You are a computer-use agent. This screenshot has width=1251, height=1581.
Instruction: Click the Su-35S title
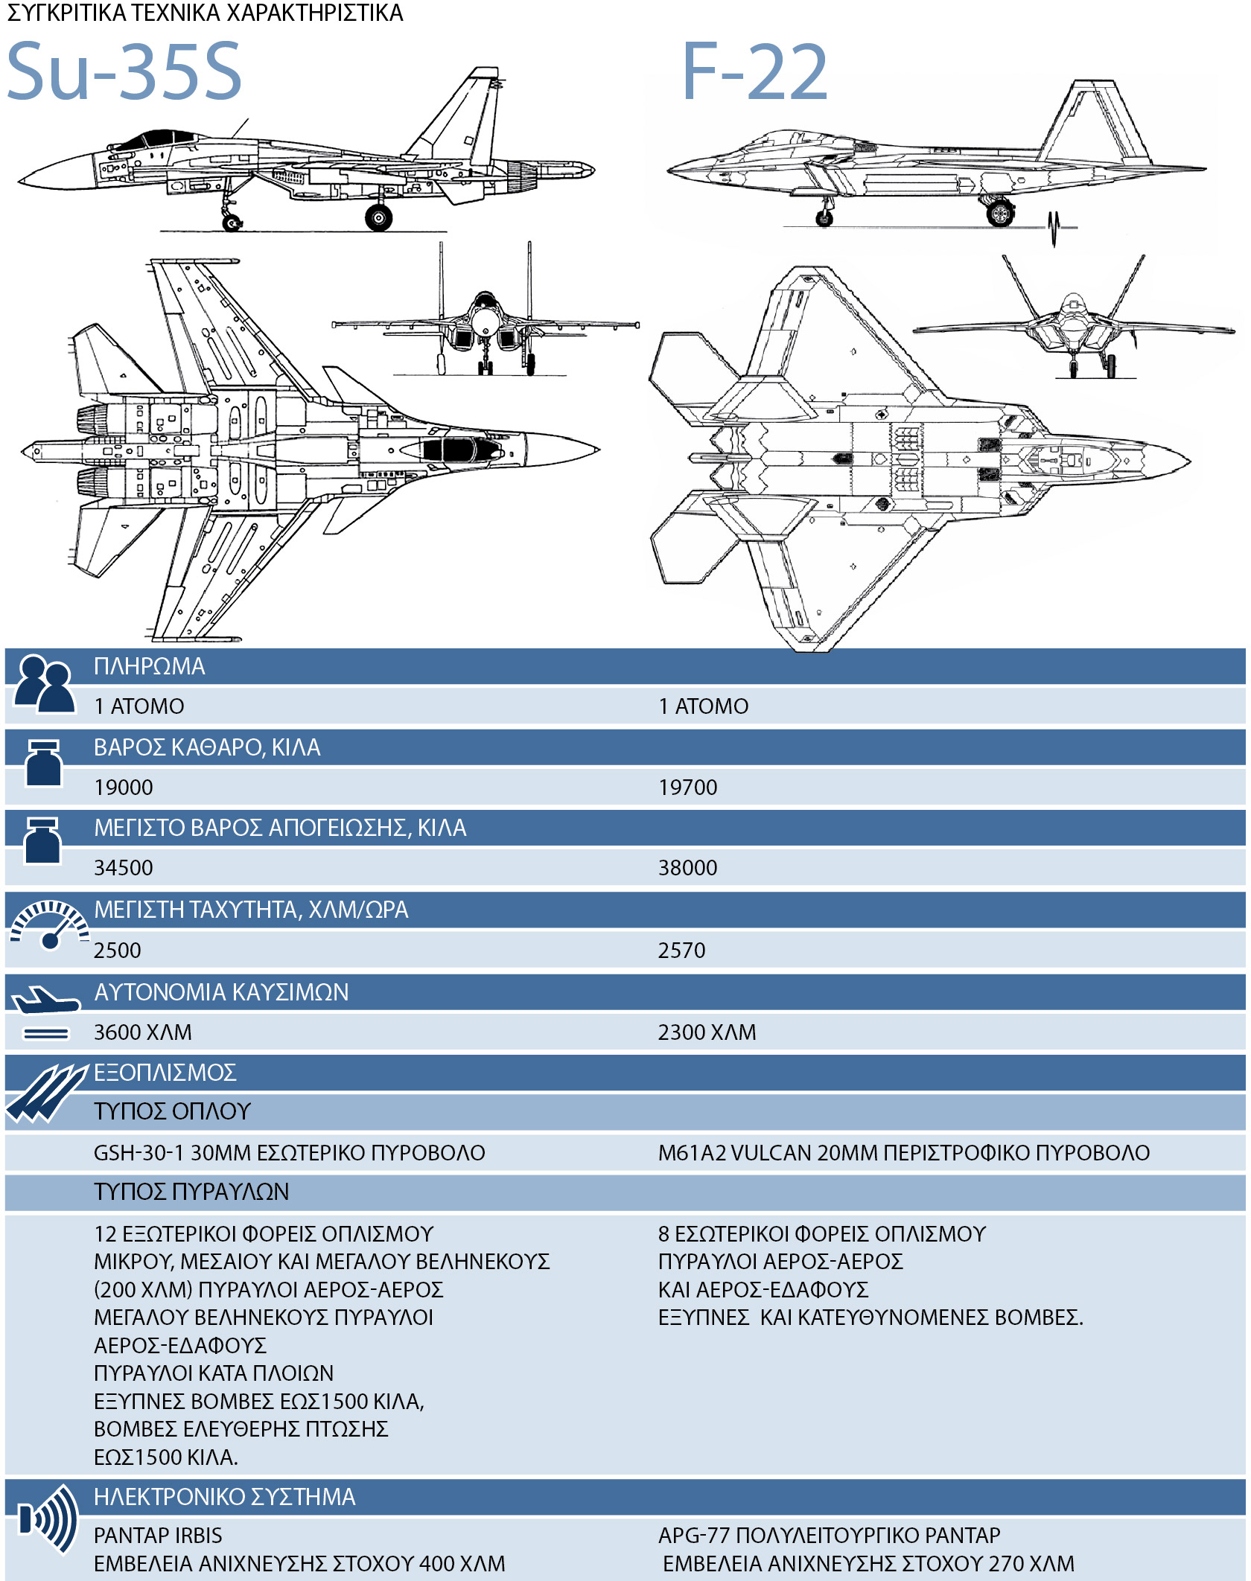124,71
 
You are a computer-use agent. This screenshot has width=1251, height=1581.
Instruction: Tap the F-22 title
754,71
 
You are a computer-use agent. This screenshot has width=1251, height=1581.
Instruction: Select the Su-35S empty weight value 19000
124,788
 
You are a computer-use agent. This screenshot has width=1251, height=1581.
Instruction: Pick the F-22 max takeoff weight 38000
687,868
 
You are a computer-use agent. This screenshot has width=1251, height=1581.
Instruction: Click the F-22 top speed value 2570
681,951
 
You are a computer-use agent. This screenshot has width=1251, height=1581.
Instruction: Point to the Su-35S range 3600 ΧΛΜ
142,1032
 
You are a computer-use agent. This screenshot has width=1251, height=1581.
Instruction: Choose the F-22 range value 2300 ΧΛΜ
707,1032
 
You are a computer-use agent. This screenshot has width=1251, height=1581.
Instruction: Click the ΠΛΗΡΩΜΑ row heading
149,666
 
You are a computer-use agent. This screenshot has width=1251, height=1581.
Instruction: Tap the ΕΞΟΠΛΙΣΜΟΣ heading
165,1073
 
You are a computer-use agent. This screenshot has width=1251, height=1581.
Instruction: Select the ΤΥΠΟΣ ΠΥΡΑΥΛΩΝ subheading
191,1192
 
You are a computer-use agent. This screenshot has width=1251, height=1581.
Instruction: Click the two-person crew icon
45,685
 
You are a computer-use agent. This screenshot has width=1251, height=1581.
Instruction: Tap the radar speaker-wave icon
49,1518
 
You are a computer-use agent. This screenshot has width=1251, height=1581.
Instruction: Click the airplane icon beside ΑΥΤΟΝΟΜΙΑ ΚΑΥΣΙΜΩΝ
45,1001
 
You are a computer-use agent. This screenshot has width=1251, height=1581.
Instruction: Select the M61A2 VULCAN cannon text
903,1153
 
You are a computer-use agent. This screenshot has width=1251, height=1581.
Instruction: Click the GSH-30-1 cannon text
289,1153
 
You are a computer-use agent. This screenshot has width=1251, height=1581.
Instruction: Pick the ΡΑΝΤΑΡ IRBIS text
158,1536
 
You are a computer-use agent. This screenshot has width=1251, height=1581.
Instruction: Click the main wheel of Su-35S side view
378,217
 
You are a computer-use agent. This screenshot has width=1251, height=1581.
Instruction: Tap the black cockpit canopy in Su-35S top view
454,450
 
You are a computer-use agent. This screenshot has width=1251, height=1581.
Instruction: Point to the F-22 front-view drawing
1072,328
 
